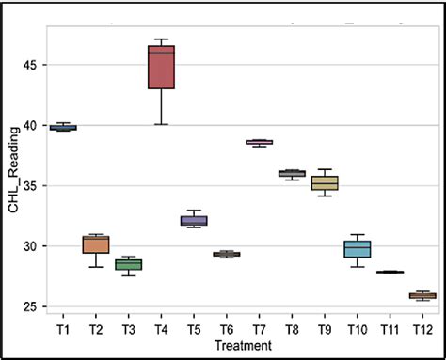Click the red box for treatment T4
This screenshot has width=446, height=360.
(x=161, y=67)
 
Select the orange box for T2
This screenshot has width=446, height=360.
(x=96, y=244)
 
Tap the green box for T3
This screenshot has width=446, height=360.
(x=128, y=264)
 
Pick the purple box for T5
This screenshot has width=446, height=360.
(x=193, y=221)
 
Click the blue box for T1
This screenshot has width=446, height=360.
(x=63, y=127)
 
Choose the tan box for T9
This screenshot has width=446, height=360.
(x=324, y=182)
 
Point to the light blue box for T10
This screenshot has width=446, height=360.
(x=357, y=249)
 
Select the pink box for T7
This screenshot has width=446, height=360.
(x=259, y=142)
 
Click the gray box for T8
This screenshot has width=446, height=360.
(x=292, y=173)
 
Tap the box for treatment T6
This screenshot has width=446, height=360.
(x=226, y=254)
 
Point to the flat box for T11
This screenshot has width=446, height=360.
(x=389, y=272)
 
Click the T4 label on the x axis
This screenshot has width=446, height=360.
(x=161, y=331)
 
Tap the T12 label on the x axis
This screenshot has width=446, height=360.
(x=422, y=331)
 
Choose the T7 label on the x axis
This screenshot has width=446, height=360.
(x=259, y=331)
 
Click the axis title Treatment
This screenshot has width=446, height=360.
(x=243, y=346)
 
